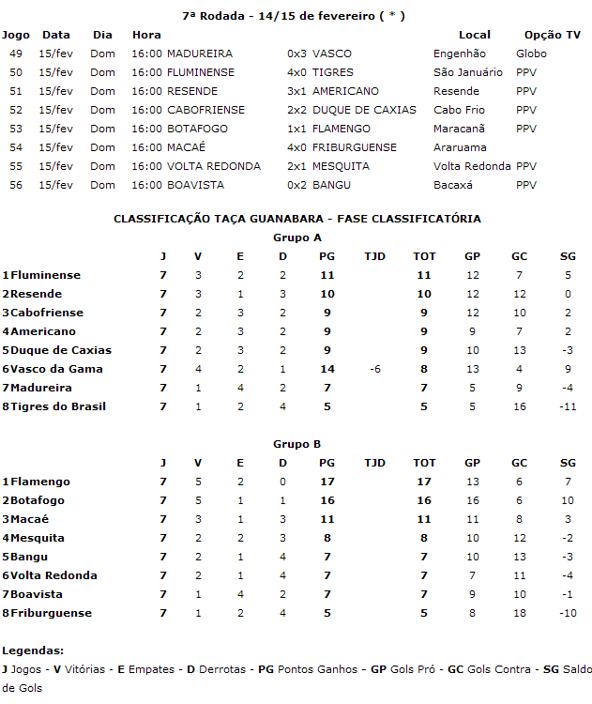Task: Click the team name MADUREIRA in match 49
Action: coord(200,54)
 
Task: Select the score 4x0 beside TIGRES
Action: coord(296,72)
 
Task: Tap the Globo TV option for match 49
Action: coord(531,54)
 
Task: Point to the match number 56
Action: coord(15,185)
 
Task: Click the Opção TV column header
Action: coord(552,35)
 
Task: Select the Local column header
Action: coord(475,35)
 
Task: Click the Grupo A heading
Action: coord(296,237)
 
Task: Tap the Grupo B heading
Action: coord(296,444)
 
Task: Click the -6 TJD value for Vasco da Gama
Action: coord(374,369)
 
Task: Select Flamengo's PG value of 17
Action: coord(327,482)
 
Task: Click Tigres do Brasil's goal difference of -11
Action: coord(567,406)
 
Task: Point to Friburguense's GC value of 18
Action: coord(520,613)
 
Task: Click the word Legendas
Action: coord(33,650)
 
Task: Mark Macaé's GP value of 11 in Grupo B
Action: coord(472,519)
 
